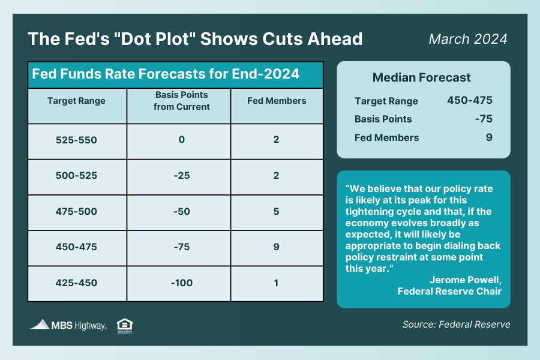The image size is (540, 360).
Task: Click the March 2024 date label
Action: pyautogui.click(x=468, y=39)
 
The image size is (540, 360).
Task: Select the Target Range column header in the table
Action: pyautogui.click(x=76, y=101)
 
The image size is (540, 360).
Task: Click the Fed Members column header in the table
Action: pyautogui.click(x=277, y=101)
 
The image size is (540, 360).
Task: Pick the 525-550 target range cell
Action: pyautogui.click(x=76, y=140)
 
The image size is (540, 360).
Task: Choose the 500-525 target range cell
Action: pyautogui.click(x=76, y=176)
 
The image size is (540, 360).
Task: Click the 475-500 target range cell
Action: pyautogui.click(x=76, y=212)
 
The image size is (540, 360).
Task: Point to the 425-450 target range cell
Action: pyautogui.click(x=76, y=283)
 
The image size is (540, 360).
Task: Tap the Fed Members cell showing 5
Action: pyautogui.click(x=277, y=212)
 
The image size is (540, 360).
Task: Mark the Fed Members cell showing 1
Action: pyautogui.click(x=277, y=283)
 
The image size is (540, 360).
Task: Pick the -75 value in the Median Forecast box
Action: pyautogui.click(x=483, y=119)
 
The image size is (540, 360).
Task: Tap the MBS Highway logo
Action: pyautogui.click(x=68, y=325)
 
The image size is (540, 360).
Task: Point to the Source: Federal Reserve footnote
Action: pyautogui.click(x=456, y=325)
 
